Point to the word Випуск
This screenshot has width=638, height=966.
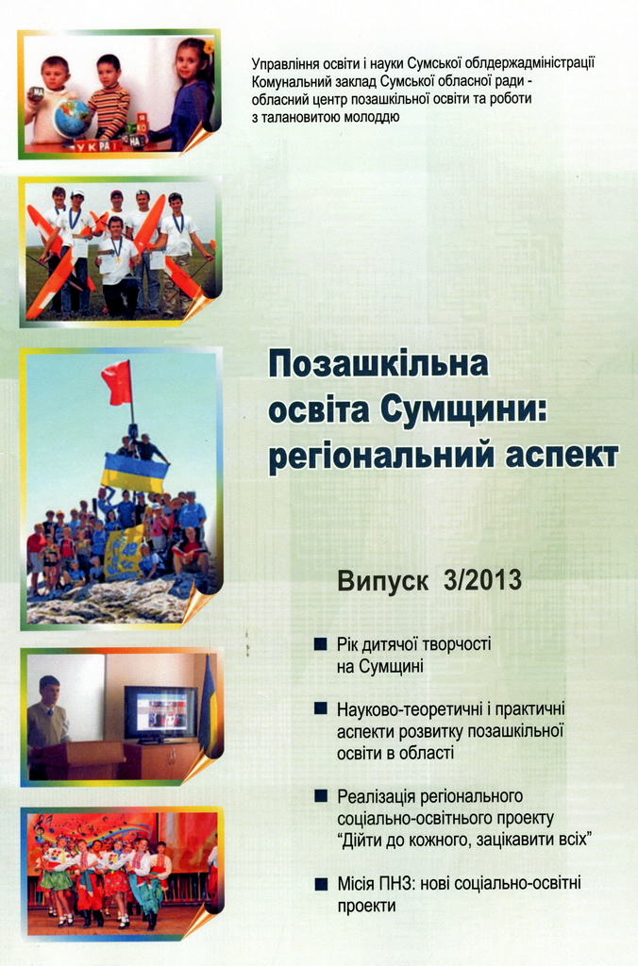click(x=383, y=582)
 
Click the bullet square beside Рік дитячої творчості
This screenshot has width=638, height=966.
click(x=321, y=644)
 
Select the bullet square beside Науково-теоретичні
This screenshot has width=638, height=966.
click(x=321, y=708)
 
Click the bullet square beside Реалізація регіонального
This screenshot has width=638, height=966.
click(x=321, y=796)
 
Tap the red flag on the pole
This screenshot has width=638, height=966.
click(x=117, y=381)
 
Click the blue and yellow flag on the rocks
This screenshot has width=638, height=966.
click(x=135, y=471)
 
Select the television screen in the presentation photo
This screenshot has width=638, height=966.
click(x=160, y=713)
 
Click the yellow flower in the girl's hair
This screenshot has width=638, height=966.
click(x=209, y=47)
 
